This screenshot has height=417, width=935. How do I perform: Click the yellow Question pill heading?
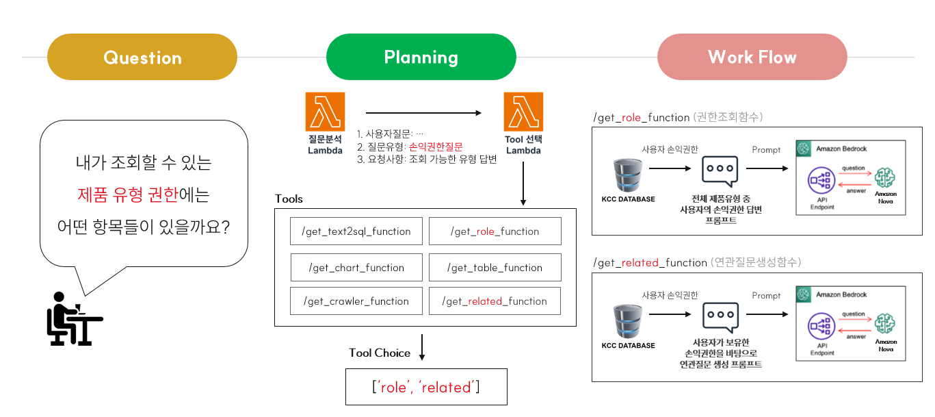142,58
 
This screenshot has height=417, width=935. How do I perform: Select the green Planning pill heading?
421,58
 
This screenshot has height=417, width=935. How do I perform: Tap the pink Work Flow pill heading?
752,58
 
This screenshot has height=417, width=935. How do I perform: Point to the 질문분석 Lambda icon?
325,112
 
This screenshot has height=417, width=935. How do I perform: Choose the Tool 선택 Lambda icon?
523,112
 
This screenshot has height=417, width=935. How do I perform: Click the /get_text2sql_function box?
356,231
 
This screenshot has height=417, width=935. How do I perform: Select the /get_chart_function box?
356,268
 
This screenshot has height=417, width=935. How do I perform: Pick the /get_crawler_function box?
356,301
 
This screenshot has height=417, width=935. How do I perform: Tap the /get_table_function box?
495,268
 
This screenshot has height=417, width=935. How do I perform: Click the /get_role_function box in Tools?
495,231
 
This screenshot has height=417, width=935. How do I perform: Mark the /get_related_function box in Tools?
495,301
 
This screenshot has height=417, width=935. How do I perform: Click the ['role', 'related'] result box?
426,387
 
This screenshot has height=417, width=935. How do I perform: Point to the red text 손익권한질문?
436,147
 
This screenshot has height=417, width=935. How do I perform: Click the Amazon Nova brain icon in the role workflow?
885,177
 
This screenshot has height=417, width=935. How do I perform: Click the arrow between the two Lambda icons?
424,113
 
